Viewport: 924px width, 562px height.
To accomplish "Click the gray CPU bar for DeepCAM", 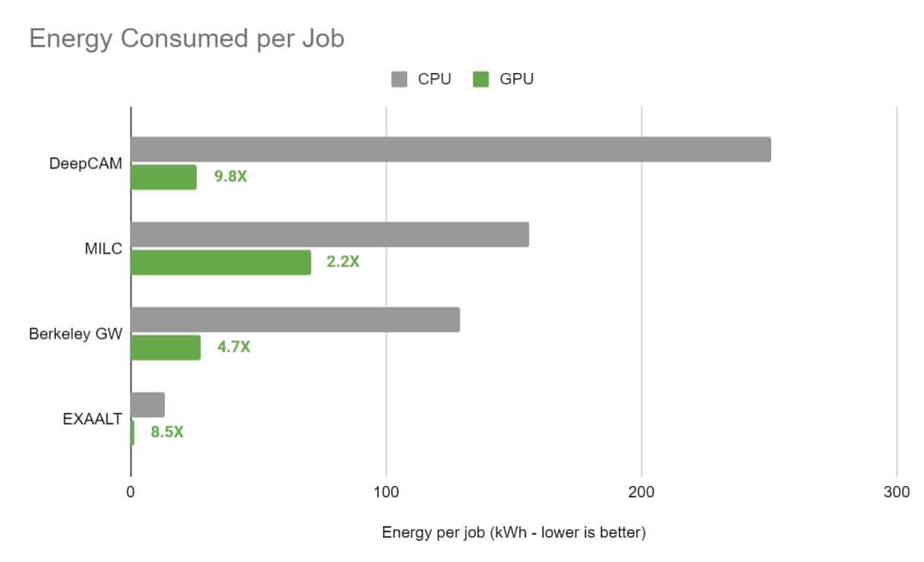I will pos(451,150).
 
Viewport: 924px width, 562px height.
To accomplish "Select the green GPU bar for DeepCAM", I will pos(163,177).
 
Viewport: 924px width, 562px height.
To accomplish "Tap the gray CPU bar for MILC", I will pos(330,235).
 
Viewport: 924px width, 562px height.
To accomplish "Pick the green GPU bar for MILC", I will pos(220,262).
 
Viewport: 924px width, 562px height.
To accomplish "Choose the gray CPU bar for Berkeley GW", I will pos(295,320).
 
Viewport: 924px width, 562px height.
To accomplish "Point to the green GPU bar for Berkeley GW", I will pos(166,347).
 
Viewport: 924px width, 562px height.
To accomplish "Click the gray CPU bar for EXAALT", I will pos(147,405).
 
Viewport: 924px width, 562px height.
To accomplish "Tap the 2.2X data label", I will pos(343,263).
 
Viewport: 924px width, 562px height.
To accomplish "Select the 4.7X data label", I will pos(233,348).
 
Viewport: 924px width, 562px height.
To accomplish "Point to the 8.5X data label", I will pos(167,433).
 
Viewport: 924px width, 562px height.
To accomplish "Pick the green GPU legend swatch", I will pos(480,79).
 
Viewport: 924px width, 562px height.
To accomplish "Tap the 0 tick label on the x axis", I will pos(131,492).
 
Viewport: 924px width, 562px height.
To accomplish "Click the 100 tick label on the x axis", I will pos(386,492).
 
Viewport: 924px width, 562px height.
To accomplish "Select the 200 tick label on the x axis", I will pos(641,492).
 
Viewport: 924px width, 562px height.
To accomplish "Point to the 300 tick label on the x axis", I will pos(897,492).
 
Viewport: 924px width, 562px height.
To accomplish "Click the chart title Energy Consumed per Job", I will pos(186,38).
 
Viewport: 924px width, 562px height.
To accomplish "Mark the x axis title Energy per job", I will pos(514,533).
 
